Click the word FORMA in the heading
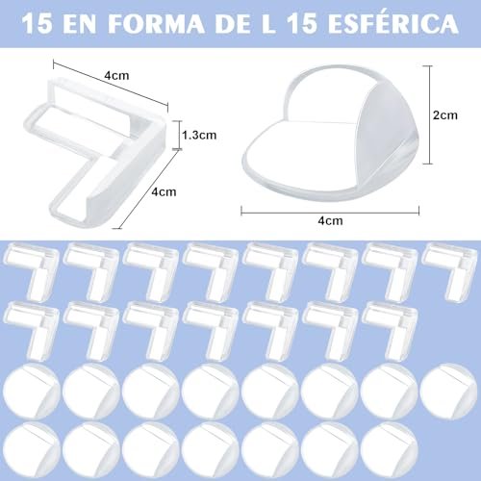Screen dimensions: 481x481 [156, 23]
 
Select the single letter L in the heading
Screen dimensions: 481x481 [268, 23]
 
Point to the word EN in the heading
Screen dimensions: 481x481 [79, 23]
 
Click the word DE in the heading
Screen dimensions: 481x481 [233, 23]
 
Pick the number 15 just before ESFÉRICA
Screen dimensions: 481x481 [303, 23]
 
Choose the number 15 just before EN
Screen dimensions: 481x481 [37, 23]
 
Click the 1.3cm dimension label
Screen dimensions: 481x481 [199, 135]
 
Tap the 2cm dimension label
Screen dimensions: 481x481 [445, 114]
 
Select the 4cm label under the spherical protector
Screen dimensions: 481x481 [330, 220]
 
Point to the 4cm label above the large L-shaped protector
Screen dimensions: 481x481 [116, 76]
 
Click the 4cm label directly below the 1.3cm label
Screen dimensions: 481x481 [164, 191]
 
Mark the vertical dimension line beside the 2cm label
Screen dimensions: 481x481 [429, 114]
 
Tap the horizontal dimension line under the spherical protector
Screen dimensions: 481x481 [330, 212]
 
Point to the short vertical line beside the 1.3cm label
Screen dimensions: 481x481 [179, 135]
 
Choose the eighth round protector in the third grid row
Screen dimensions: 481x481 [448, 392]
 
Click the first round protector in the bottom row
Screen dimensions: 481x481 [32, 450]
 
